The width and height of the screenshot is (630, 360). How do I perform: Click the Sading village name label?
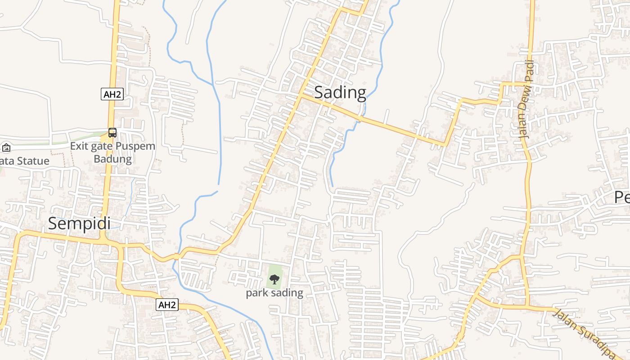pos(340,93)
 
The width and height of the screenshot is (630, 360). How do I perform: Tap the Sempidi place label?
pos(79,224)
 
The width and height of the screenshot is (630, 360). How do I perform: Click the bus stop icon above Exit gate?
pos(112,133)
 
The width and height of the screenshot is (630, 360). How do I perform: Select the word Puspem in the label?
pos(135,146)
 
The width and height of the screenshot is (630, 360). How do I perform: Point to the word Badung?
pos(112,159)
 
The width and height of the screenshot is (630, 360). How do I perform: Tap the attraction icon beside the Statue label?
pos(6,148)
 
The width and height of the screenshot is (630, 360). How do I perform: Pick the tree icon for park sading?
pos(274,279)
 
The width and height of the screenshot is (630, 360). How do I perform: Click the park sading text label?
pos(274,293)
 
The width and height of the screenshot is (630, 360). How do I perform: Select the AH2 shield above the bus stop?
pos(112,94)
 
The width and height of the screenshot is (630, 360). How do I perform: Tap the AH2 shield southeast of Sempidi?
pos(167,305)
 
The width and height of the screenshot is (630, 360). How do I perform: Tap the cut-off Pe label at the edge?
pos(622,197)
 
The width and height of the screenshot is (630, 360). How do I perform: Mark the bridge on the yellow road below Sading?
pos(360,119)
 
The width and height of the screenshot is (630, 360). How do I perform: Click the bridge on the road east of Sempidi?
pos(176,256)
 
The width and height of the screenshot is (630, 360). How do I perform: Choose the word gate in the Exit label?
pos(104,146)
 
